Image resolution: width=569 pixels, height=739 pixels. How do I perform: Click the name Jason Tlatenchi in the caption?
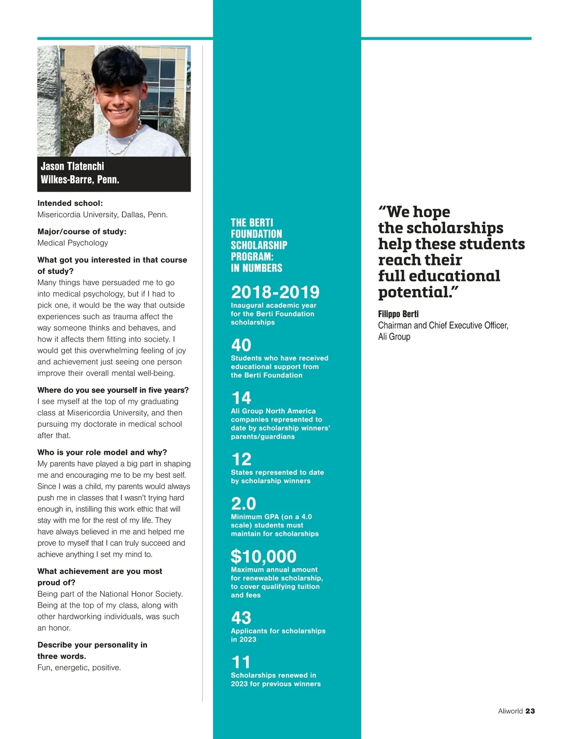tap(72, 166)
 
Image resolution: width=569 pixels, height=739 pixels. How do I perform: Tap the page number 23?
tap(530, 711)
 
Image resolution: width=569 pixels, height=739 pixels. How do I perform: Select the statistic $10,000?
tap(263, 556)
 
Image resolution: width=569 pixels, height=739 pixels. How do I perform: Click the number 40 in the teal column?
tap(241, 345)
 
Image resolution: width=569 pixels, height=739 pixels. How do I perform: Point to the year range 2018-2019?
tap(275, 292)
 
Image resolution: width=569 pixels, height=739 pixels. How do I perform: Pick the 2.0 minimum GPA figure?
tap(243, 503)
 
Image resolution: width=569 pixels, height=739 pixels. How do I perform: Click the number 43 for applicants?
tap(241, 618)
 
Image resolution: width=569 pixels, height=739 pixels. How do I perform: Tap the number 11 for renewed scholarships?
tap(241, 662)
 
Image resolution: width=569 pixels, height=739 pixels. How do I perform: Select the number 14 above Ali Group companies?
tap(241, 397)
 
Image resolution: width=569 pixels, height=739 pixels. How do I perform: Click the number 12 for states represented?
tap(241, 459)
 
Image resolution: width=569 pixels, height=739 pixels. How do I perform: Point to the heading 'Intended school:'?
tap(70, 203)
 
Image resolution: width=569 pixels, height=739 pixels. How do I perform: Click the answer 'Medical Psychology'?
tap(73, 243)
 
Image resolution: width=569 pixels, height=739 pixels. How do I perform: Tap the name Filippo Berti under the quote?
tap(398, 314)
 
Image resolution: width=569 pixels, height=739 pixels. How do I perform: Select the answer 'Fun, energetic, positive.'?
tap(79, 667)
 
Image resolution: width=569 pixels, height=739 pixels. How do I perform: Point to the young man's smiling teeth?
tap(119, 113)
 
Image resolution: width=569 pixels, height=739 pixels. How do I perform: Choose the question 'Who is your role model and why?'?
tap(102, 452)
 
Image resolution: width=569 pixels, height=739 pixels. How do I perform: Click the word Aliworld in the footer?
tap(510, 711)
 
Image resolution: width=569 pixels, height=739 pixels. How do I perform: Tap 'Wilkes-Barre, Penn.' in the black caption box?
tap(80, 179)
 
